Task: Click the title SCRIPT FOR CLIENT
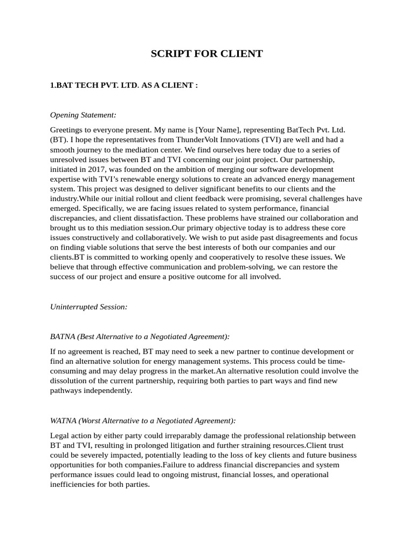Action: click(x=206, y=54)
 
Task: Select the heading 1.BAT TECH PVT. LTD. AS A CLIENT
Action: click(x=124, y=85)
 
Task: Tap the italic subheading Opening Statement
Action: click(x=83, y=115)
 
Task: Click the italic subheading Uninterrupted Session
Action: click(x=88, y=307)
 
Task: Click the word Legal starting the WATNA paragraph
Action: click(x=60, y=436)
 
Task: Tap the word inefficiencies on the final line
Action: click(x=72, y=484)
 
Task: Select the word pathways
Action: click(x=65, y=390)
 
